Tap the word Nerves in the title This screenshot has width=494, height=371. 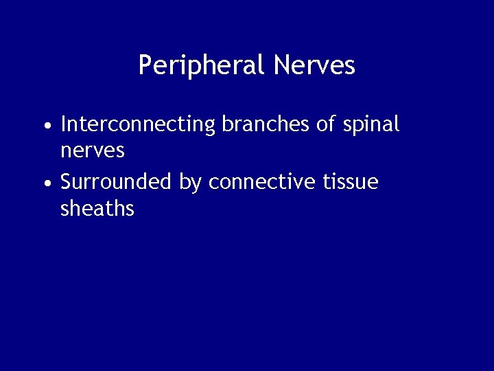(314, 65)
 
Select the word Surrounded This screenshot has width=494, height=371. (116, 183)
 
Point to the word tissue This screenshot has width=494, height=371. (350, 183)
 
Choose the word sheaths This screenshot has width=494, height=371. (97, 208)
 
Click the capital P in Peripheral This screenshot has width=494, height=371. (144, 65)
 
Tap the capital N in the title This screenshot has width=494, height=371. (281, 65)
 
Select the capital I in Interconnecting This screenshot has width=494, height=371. (63, 125)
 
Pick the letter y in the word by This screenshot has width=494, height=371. (196, 185)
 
